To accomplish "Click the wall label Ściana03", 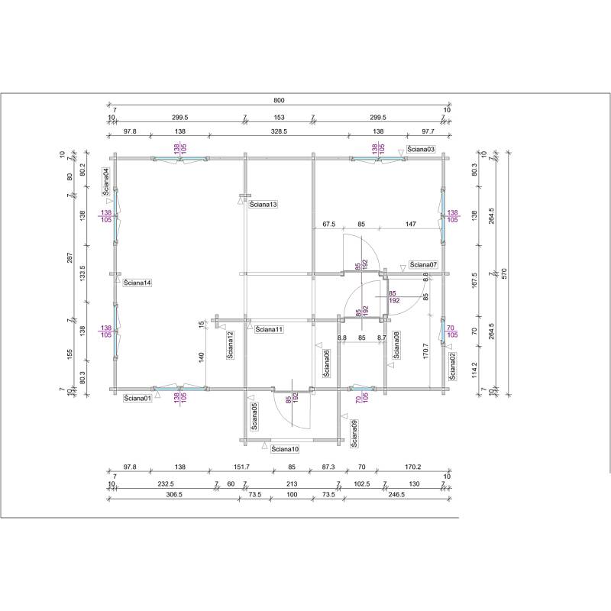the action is pos(421,149).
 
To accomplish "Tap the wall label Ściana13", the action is pos(263,204).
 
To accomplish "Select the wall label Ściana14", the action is pos(137,283).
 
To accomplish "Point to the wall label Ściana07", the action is pos(423,265).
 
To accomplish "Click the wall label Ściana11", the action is pos(269,329).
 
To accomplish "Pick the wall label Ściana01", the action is pos(137,398).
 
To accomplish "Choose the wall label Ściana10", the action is pos(285,449).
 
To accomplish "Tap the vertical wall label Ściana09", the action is pos(354,433).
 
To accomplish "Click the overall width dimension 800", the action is pos(279,100).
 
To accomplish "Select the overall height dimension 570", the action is pos(503,273).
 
